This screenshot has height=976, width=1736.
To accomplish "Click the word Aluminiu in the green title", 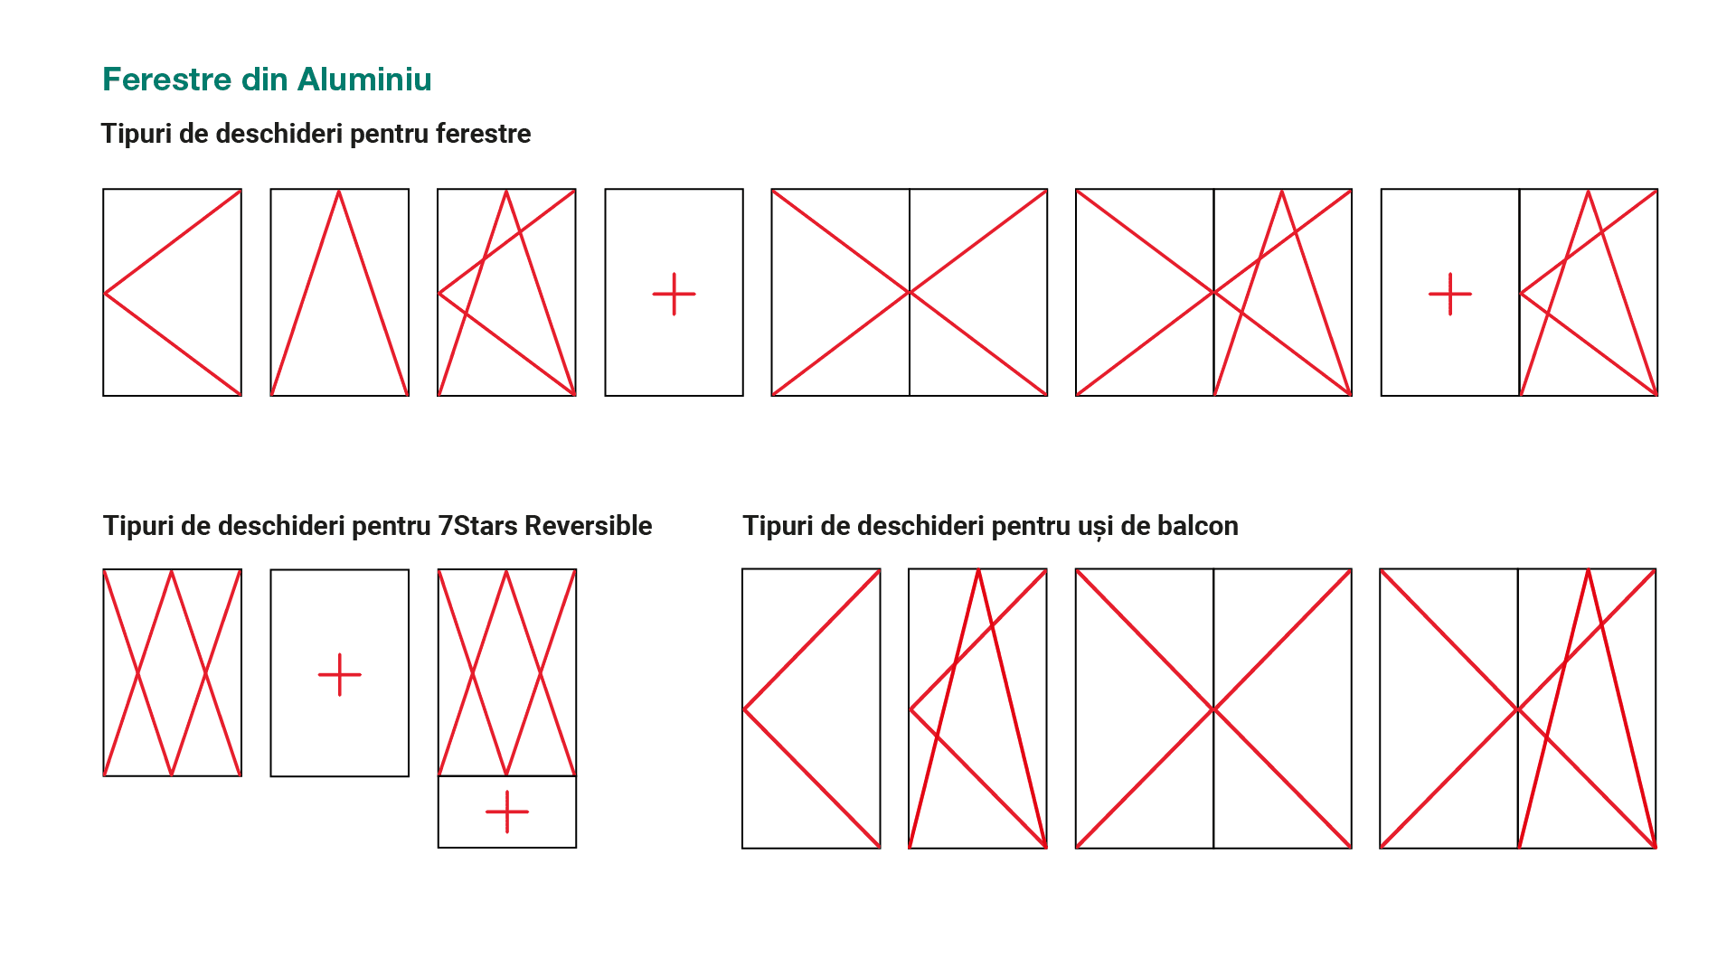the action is click(x=364, y=80).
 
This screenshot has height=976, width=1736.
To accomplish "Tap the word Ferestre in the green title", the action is click(x=167, y=80).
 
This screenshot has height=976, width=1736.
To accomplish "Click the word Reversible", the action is click(x=589, y=526).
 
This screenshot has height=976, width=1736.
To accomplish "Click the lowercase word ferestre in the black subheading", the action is click(x=484, y=134).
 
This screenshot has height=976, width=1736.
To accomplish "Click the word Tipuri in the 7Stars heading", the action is click(x=138, y=526).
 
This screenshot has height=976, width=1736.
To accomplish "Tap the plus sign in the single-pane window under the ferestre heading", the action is click(x=675, y=295).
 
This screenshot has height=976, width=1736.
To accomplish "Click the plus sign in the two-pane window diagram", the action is click(x=1450, y=295).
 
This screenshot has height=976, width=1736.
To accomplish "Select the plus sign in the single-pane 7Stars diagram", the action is click(x=340, y=675).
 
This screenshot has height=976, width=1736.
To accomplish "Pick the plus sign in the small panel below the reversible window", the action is click(x=507, y=812).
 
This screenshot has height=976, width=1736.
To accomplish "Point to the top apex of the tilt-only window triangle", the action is click(x=339, y=191).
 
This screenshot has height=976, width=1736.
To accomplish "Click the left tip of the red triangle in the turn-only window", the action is click(x=105, y=293).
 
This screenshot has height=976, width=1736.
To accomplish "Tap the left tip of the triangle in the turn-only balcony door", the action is click(x=744, y=709).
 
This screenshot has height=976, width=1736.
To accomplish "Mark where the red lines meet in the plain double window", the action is click(x=910, y=293).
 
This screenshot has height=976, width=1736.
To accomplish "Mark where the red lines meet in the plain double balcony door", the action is click(x=1213, y=709).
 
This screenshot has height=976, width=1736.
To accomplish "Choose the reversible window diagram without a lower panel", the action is click(x=173, y=672).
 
